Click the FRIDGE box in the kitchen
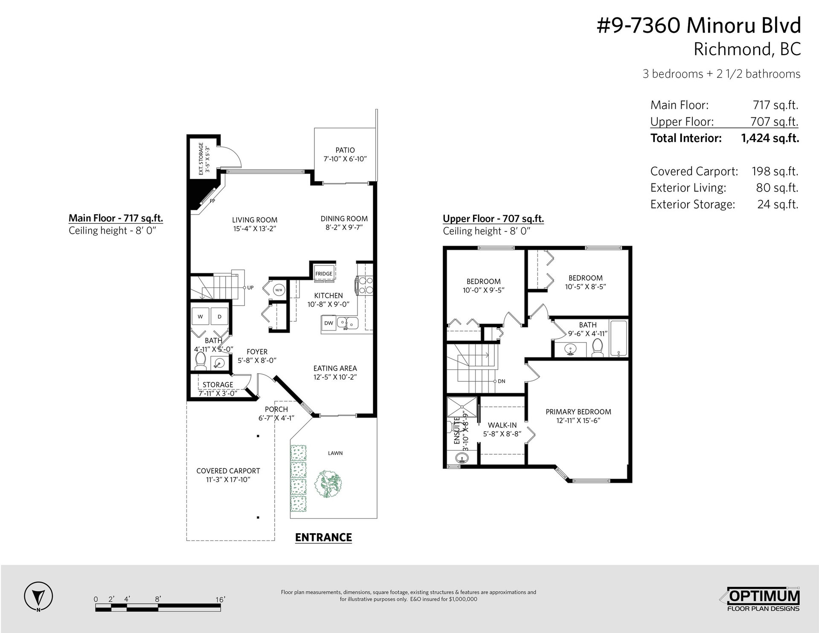(324, 273)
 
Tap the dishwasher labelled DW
(329, 323)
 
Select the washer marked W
(200, 317)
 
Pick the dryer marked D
(220, 317)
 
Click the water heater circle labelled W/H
(278, 290)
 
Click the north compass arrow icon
(39, 596)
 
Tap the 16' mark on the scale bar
(220, 599)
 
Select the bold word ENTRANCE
(323, 537)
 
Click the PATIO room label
(345, 150)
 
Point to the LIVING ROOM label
(255, 220)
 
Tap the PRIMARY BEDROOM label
(578, 412)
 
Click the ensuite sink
(460, 458)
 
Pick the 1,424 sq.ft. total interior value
(770, 138)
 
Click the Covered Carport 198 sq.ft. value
(775, 171)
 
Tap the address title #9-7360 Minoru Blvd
(698, 26)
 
